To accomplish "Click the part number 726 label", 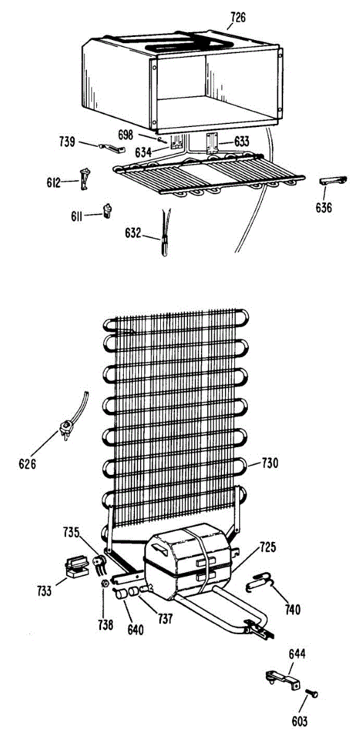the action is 238,17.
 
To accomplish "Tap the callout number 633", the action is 242,141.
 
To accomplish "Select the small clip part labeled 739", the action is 112,148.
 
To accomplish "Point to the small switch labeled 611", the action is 107,211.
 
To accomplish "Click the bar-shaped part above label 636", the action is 333,181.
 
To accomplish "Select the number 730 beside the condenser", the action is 270,463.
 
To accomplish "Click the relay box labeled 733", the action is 77,567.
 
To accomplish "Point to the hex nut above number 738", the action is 105,584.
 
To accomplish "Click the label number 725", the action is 268,547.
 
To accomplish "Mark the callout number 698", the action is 126,135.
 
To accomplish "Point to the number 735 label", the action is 72,533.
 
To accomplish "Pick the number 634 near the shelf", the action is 143,153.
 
